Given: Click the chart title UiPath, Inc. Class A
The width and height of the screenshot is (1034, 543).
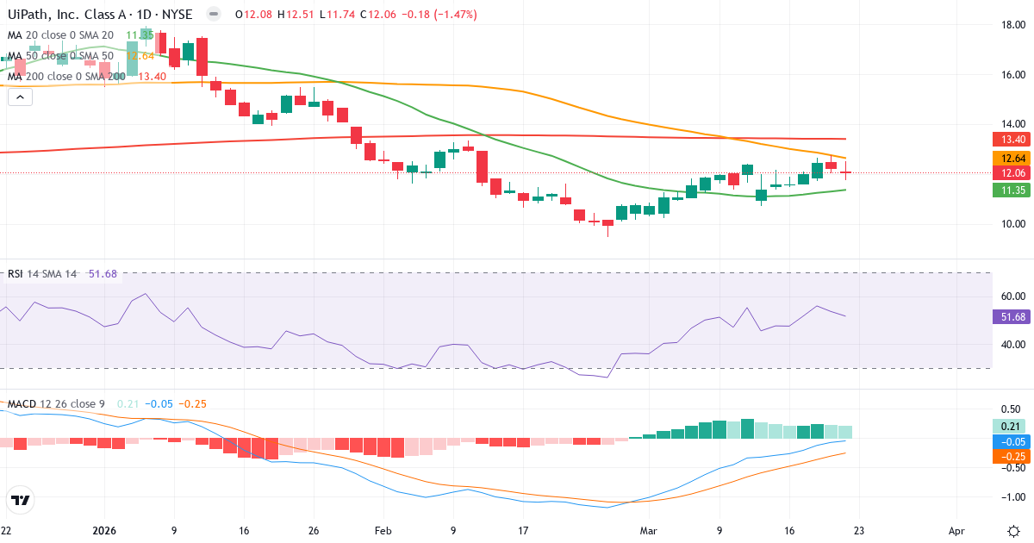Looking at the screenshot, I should pos(65,15).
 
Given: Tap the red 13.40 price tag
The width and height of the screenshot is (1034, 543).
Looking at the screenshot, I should pos(1010,139).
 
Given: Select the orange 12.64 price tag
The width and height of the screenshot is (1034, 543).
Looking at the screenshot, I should pos(1010,159).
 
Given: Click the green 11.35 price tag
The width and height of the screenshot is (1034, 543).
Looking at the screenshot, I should pos(1010,190).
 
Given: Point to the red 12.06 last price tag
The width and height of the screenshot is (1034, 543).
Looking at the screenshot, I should pos(1010,173).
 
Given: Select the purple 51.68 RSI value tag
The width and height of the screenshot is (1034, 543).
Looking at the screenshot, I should pos(1010,317).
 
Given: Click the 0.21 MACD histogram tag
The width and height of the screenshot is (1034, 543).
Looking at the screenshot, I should pos(1010,426).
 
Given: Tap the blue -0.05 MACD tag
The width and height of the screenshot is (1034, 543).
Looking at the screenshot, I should pos(1010,441).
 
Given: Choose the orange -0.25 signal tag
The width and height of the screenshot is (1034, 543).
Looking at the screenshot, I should pos(1010,456).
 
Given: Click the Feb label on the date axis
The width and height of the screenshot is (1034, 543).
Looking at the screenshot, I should pos(382,530).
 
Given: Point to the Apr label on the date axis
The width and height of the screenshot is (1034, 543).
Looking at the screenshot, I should pos(956,530).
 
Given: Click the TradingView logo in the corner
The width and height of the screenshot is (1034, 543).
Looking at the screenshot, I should pos(21,500).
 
